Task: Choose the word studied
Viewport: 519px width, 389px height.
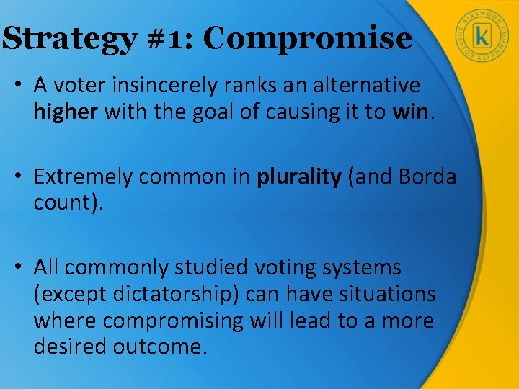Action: pos(213,268)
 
